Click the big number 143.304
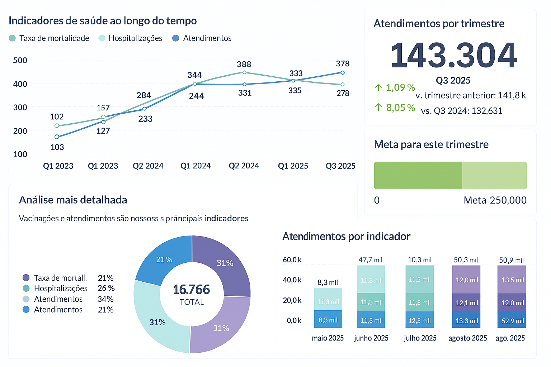[453, 55]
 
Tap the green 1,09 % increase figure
[400, 87]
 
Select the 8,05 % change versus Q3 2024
[400, 108]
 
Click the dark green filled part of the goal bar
[418, 175]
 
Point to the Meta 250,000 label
[495, 200]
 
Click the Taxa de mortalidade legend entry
[54, 38]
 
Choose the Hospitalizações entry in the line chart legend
[135, 38]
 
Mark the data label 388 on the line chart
[244, 64]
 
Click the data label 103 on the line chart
[57, 147]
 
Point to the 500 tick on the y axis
[20, 60]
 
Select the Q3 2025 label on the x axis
[340, 166]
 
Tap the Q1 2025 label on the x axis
[293, 166]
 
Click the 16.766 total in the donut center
[192, 290]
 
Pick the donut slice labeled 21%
[164, 259]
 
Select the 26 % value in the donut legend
[106, 288]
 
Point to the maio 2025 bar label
[328, 338]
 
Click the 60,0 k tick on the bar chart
[292, 260]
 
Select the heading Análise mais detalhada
[73, 200]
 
